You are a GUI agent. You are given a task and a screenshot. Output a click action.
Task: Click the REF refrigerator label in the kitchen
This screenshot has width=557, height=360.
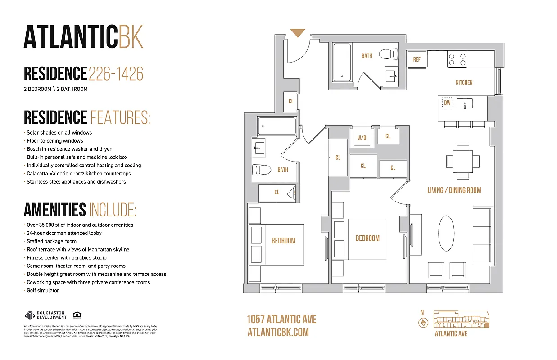417,59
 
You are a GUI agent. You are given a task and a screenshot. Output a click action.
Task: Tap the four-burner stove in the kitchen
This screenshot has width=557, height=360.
457,59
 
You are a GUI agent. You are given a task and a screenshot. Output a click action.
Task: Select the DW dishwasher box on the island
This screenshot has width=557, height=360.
447,103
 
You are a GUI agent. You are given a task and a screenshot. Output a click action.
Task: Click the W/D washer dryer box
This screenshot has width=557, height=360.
362,138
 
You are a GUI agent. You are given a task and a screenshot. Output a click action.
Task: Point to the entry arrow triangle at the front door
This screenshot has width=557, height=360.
298,33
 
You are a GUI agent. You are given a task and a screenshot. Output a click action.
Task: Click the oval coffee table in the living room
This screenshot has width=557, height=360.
446,233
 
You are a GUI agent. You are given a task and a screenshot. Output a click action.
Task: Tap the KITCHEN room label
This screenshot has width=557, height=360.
464,82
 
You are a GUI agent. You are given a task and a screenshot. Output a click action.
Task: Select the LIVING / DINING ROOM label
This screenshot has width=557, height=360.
454,190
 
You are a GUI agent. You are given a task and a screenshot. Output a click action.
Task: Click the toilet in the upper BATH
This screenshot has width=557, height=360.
389,54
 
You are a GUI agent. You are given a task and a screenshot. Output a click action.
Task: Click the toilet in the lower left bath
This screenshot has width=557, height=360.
260,170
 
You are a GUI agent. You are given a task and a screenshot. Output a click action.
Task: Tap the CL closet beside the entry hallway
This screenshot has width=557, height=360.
291,101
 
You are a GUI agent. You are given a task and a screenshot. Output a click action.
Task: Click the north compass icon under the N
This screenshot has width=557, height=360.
422,323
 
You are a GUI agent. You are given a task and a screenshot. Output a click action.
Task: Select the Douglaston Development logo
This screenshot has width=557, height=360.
45,315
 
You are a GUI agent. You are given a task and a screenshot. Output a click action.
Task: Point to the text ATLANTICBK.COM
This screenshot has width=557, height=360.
278,332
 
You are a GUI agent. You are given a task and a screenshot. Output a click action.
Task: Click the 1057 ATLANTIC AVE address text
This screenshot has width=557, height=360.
281,319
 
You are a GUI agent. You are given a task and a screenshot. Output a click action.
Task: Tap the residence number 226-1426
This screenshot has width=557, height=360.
116,73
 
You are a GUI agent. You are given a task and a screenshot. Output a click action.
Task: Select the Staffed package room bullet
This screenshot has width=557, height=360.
51,241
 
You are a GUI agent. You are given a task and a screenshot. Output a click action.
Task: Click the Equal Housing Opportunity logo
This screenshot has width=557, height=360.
77,315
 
